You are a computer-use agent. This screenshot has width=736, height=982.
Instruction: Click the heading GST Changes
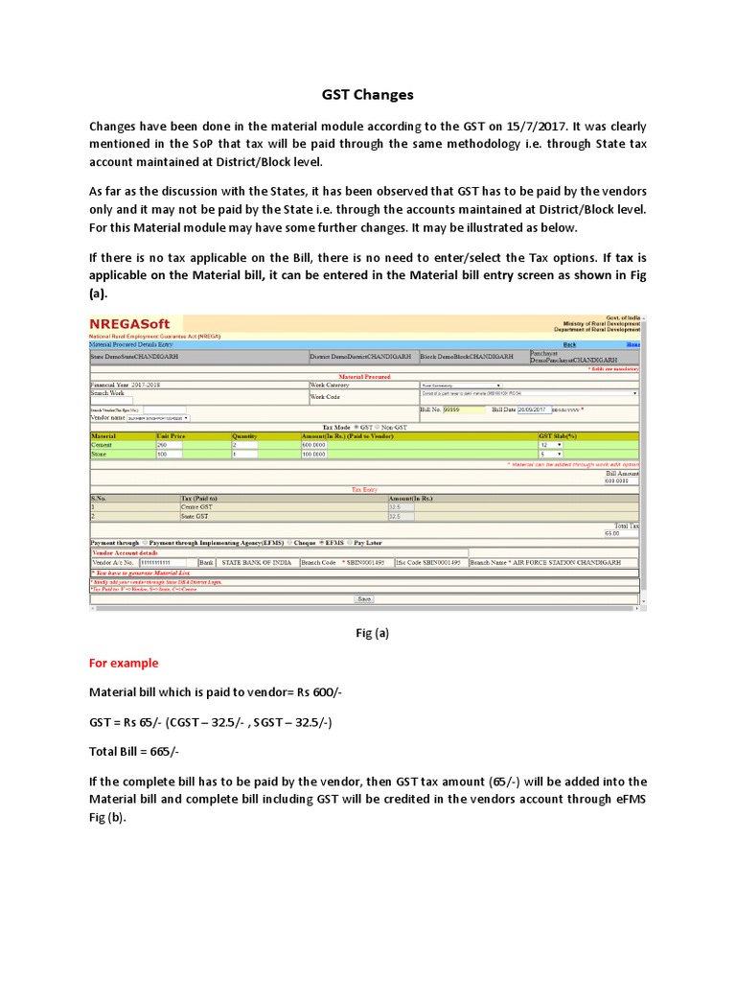tap(366, 95)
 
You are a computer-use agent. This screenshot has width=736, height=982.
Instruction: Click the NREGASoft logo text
tap(130, 324)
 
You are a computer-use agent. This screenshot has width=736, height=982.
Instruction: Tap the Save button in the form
tap(364, 598)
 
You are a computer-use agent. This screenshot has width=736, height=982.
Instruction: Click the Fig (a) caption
tap(366, 633)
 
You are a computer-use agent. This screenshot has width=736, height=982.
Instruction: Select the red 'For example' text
tap(124, 663)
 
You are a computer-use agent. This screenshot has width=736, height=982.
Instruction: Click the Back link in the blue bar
tap(569, 344)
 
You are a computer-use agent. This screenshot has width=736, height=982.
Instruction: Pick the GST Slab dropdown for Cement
tap(550, 445)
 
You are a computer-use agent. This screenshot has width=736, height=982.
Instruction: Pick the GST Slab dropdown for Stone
tap(550, 454)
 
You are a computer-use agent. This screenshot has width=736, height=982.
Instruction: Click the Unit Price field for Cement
tap(169, 445)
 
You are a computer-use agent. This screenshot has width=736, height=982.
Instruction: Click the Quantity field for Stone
tap(243, 454)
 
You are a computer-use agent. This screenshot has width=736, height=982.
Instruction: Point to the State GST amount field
tap(401, 516)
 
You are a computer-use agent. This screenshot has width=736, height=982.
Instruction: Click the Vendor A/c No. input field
tap(167, 562)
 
